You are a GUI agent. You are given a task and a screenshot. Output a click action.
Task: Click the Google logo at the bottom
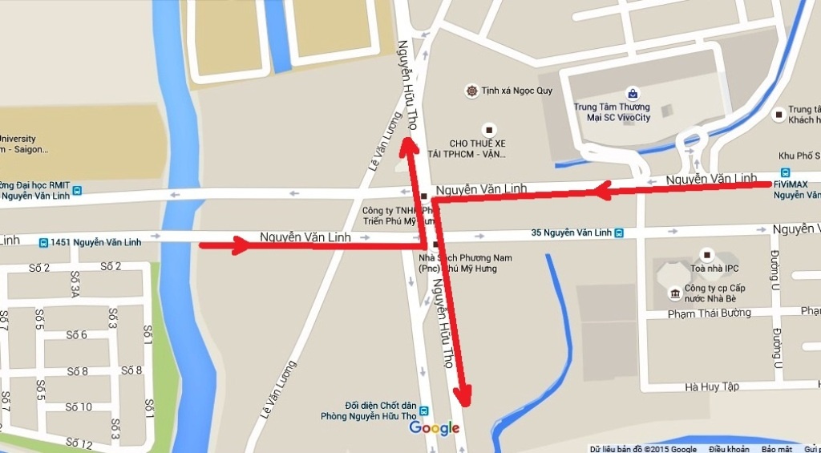434,428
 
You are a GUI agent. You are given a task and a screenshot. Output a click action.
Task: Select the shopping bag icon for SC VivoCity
633,93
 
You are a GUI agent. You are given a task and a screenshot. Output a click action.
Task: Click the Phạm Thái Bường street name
709,313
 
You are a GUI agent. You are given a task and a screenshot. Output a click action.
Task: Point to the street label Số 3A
75,285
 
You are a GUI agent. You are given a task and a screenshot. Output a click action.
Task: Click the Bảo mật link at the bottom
776,448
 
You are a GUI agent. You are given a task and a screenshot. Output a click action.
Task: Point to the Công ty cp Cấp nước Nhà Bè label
714,293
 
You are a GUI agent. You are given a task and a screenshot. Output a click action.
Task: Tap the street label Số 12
79,443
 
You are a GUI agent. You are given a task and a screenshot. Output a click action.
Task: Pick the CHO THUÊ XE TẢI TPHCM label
478,148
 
